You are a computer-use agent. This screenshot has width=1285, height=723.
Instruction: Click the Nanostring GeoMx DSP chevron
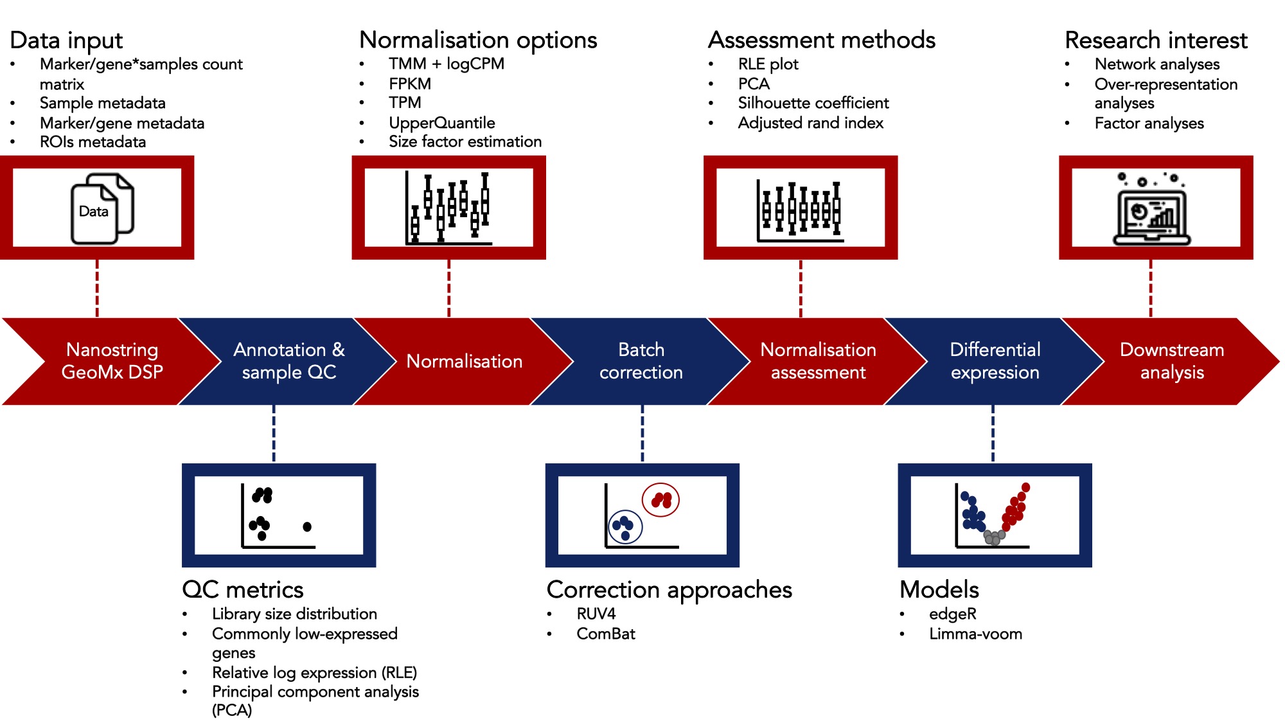112,361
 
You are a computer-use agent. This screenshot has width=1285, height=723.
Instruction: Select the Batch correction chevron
641,361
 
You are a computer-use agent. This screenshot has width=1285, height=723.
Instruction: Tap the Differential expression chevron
995,361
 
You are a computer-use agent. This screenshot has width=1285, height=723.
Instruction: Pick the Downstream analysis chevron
1171,361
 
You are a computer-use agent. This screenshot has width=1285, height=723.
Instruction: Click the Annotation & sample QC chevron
288,361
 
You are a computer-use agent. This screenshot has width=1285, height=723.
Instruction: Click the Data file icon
101,210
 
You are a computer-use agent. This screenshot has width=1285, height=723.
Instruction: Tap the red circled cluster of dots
660,500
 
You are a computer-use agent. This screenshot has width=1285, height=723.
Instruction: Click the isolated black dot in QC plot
307,527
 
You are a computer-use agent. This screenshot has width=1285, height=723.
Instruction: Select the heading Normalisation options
478,40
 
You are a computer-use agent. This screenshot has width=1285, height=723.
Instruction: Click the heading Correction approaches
669,589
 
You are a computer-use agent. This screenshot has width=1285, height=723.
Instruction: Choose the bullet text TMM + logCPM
446,64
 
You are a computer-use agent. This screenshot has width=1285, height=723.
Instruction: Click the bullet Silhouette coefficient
813,103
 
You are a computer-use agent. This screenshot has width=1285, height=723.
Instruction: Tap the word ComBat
605,634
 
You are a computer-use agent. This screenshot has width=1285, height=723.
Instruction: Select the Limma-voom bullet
975,634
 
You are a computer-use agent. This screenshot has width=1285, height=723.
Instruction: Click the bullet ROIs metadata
93,142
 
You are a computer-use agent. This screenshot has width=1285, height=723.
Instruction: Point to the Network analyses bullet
1156,64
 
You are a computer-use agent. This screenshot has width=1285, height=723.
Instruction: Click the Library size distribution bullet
294,614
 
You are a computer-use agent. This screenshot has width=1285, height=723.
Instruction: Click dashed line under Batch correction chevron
642,433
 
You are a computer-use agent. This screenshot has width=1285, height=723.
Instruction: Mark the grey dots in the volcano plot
994,537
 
